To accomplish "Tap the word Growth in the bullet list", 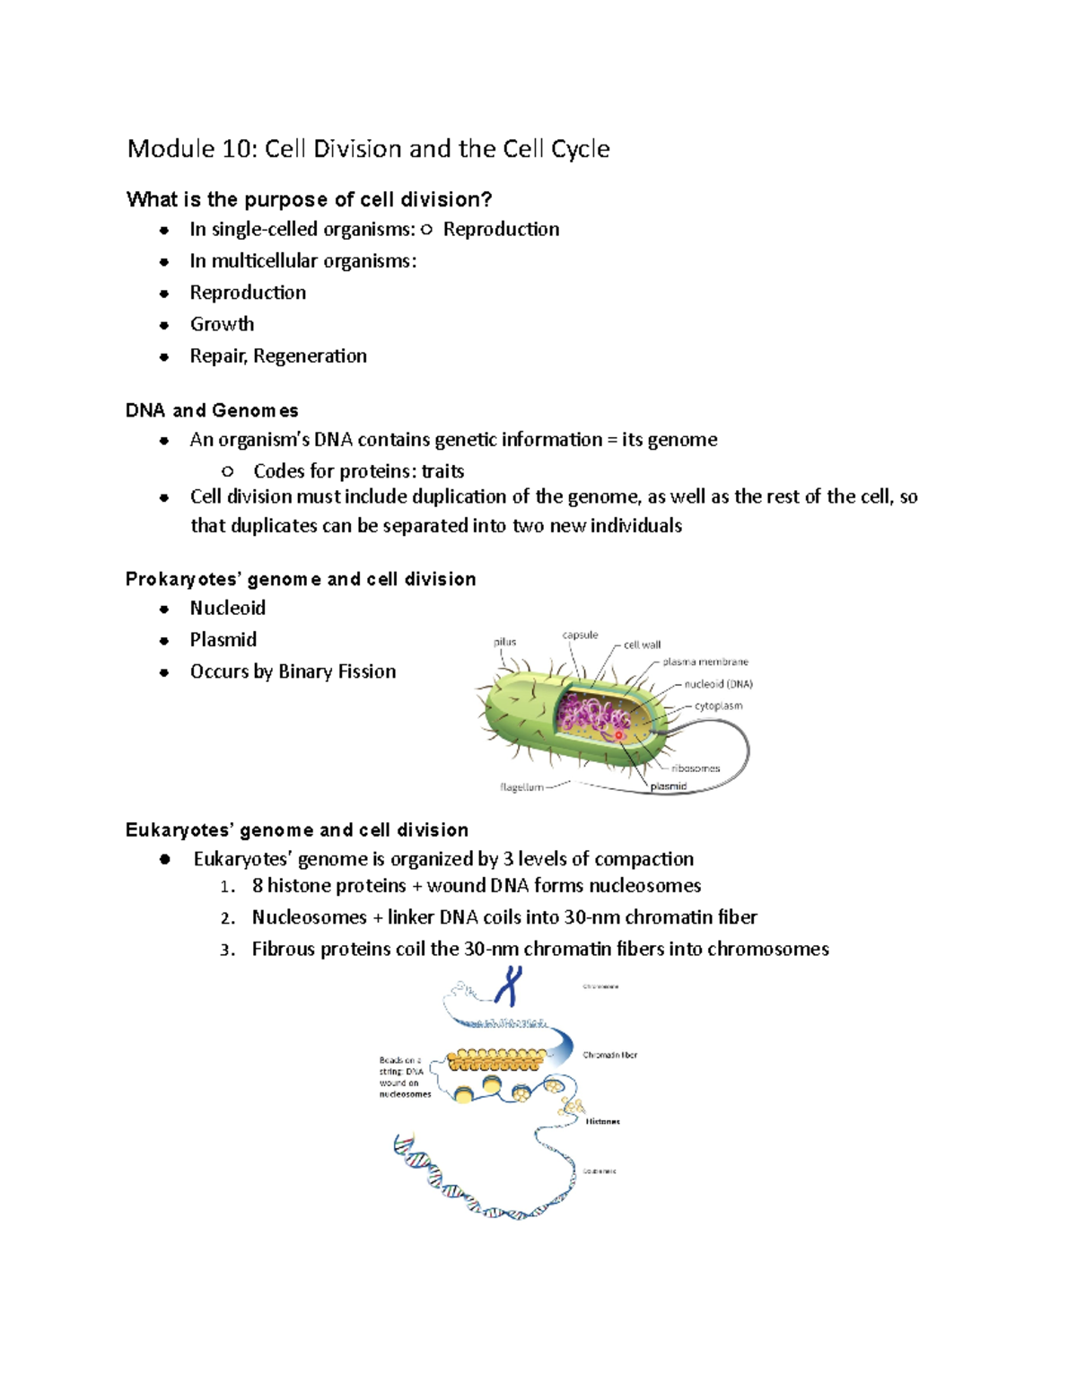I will [222, 324].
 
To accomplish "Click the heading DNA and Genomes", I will [212, 411].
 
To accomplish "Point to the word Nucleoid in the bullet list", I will [227, 609].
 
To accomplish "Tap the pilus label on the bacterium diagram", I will [504, 642].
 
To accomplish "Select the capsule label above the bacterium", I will [580, 635].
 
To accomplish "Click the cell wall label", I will [642, 644].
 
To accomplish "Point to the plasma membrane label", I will [705, 662].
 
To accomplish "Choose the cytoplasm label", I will [718, 706].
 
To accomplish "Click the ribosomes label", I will [696, 768].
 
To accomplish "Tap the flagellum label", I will [521, 787].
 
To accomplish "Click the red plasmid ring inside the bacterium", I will [618, 735].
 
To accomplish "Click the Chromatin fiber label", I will [609, 1055].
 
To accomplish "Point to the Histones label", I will [602, 1121].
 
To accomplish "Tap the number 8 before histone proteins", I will [258, 886].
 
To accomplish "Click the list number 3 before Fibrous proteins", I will [225, 951].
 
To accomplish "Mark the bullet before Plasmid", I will [164, 641].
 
